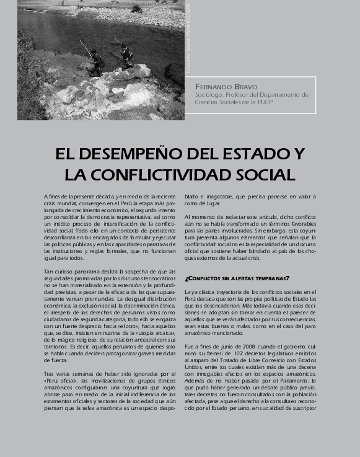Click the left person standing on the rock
point(97,60)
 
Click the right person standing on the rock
point(126,55)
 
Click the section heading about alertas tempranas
point(237,278)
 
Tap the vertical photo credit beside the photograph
point(189,37)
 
